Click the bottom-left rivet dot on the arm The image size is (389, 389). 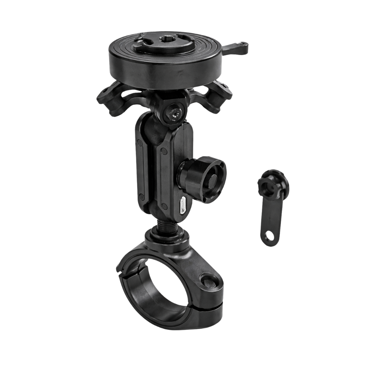tap(142, 196)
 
